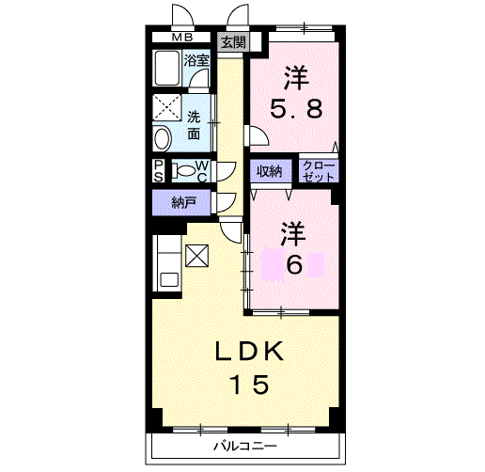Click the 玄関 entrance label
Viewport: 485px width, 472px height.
[233, 42]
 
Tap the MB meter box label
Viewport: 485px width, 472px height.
[182, 38]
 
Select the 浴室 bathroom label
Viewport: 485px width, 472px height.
[196, 60]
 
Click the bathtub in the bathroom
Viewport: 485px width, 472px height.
[166, 68]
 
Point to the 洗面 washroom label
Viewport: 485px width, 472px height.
[194, 126]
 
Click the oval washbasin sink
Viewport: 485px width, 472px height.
[163, 138]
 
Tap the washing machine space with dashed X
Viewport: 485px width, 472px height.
[166, 107]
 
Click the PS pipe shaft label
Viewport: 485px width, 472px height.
[159, 171]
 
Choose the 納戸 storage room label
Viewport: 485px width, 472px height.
[184, 203]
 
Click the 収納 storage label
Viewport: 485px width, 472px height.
[270, 171]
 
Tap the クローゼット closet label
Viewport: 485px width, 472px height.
[319, 171]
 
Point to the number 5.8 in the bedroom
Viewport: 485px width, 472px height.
[296, 108]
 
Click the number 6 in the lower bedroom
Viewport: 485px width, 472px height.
[294, 264]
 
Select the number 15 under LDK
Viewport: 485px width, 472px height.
[250, 384]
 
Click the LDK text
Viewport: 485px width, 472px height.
[250, 351]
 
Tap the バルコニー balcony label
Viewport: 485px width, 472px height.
[245, 446]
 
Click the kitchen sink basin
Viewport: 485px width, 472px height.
[169, 279]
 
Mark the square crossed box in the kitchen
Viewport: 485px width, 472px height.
[196, 256]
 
